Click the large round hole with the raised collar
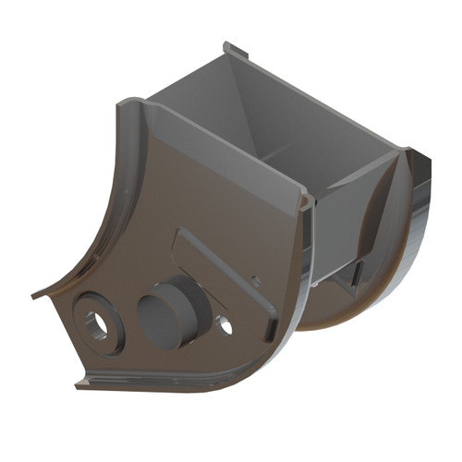(x=95, y=324)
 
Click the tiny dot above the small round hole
(x=256, y=280)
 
